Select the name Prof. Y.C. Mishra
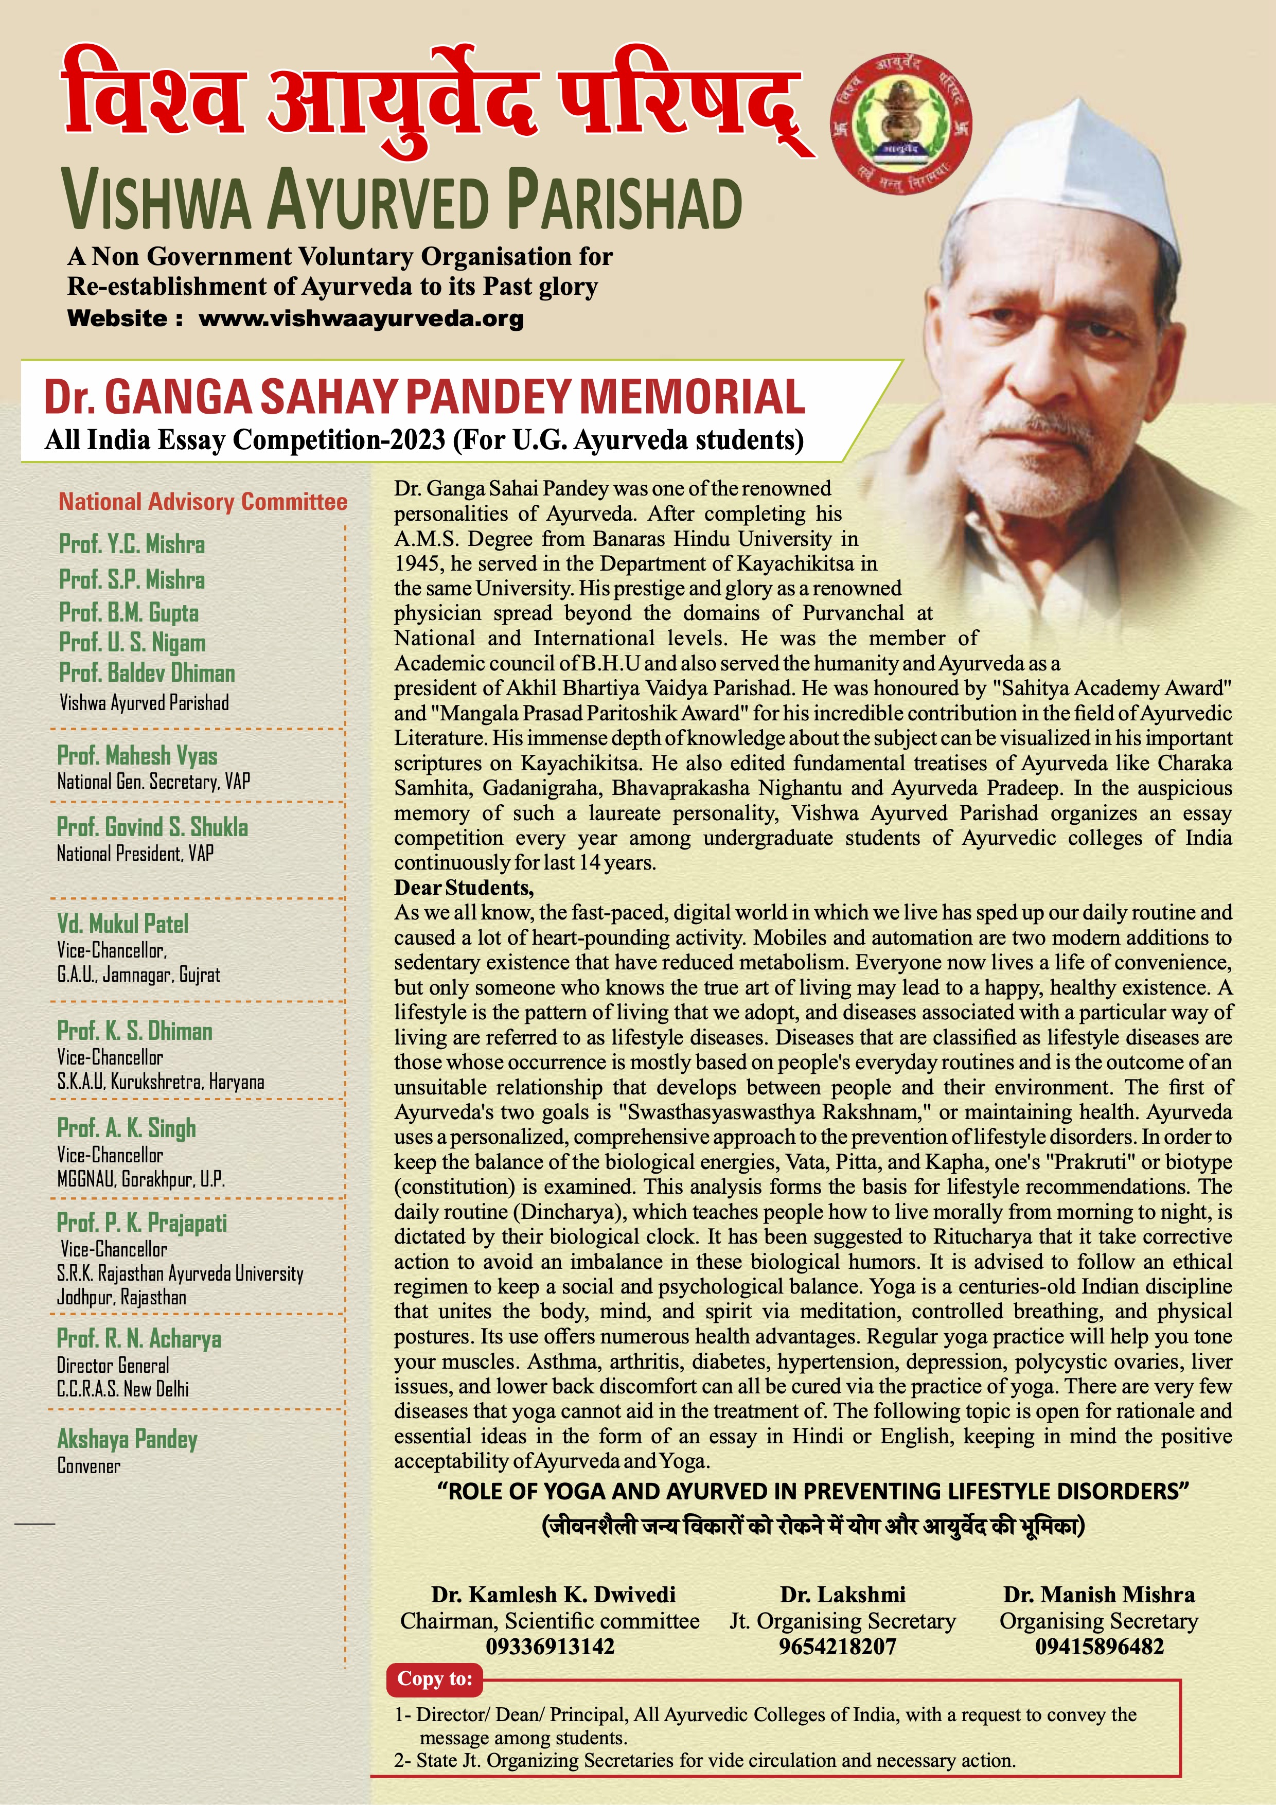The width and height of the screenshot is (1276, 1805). click(132, 544)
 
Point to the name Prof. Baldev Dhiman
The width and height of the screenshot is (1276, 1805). click(147, 673)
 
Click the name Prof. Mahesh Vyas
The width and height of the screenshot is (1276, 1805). click(137, 755)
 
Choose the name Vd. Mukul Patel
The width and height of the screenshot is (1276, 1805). click(122, 924)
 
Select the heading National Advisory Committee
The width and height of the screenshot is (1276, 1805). click(203, 502)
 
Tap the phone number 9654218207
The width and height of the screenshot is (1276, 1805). click(837, 1646)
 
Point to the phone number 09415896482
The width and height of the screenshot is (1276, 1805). click(1099, 1646)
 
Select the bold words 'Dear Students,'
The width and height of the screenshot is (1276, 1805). click(464, 888)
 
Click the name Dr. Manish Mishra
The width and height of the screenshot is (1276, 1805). click(1099, 1595)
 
